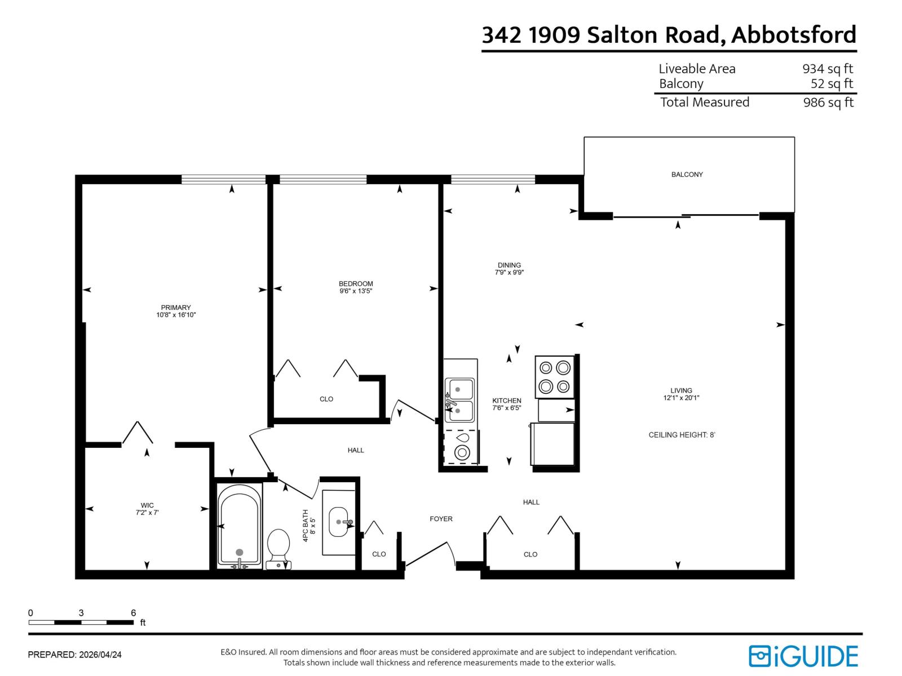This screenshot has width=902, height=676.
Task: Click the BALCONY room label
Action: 687,175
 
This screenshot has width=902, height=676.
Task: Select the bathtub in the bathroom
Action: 240,525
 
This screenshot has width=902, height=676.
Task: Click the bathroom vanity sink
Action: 339,522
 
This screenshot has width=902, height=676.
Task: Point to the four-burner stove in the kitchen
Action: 554,377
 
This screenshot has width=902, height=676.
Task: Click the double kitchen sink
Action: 459,400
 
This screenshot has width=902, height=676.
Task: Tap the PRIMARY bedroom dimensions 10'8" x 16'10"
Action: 176,315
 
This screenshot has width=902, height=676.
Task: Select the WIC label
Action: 147,505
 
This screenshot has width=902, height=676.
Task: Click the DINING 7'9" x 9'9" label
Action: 509,269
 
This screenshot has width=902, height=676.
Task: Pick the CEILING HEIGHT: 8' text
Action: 682,435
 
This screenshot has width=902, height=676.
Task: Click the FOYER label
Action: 441,519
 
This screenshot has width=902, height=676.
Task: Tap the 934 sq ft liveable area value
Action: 828,69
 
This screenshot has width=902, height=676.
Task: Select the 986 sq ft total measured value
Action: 828,103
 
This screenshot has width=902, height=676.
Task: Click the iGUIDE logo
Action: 803,656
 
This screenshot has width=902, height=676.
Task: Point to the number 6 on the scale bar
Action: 134,613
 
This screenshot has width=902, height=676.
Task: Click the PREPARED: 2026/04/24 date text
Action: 75,655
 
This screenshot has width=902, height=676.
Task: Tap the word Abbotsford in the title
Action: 794,35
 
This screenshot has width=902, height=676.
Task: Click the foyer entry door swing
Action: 431,554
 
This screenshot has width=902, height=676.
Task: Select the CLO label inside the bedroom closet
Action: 326,399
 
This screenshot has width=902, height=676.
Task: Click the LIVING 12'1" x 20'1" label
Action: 681,394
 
